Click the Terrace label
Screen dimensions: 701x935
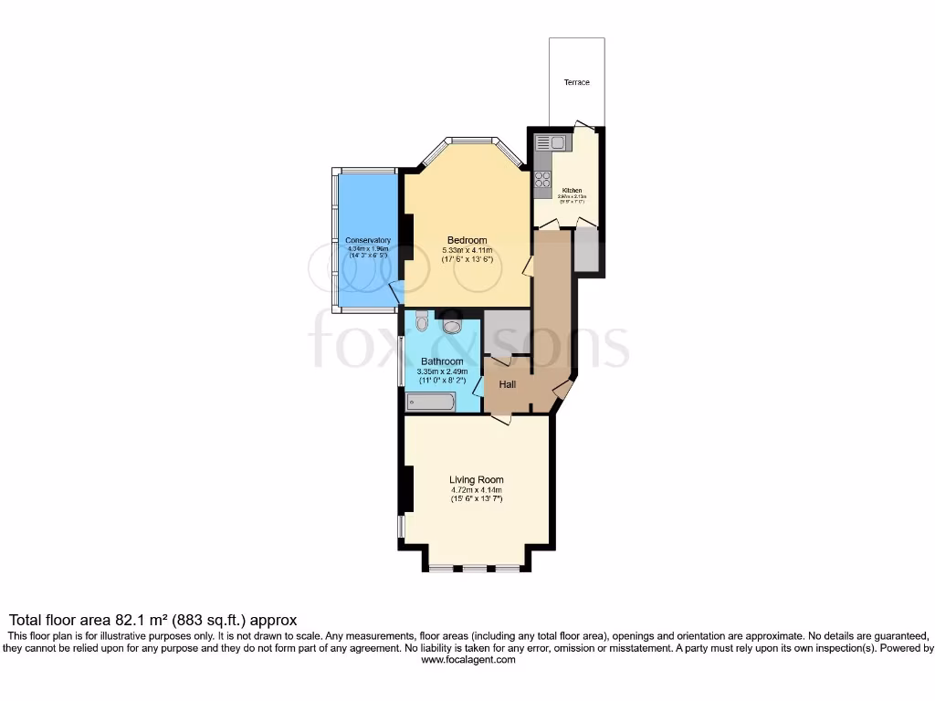click(576, 82)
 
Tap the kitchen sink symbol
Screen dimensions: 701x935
click(552, 142)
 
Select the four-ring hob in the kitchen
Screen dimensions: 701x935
click(542, 179)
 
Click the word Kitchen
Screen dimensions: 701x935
click(572, 191)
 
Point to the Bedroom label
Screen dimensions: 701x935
click(467, 240)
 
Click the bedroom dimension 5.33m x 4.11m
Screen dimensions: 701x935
click(467, 250)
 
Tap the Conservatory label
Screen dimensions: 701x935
click(367, 240)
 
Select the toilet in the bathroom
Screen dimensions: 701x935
click(421, 320)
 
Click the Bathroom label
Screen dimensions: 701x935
click(443, 361)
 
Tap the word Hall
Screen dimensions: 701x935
click(508, 384)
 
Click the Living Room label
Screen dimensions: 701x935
click(476, 479)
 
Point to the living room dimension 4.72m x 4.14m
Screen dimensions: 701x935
click(476, 489)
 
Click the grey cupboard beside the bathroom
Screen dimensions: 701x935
click(507, 332)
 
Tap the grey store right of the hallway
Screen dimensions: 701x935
click(586, 251)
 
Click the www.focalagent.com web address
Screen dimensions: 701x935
click(467, 660)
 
